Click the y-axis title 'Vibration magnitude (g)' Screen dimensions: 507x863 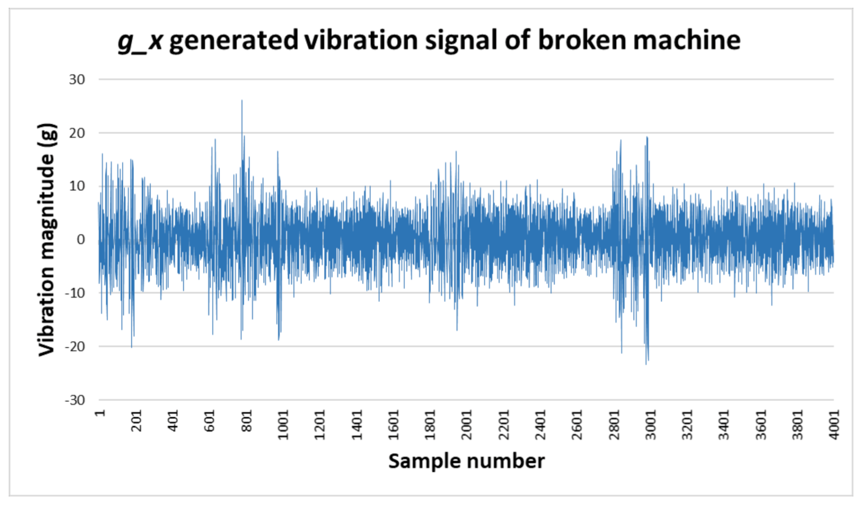(47, 240)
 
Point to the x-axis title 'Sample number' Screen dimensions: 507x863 (466, 461)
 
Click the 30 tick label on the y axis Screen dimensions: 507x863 (77, 80)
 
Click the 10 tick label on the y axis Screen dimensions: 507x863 (77, 186)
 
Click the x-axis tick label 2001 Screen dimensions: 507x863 (466, 424)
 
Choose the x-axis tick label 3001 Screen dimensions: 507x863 (650, 424)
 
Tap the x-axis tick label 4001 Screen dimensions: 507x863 (834, 424)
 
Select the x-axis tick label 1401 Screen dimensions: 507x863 (357, 424)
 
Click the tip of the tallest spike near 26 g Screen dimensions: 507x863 (242, 100)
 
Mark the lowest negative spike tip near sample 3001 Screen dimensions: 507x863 (646, 364)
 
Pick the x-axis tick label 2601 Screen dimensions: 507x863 (577, 424)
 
